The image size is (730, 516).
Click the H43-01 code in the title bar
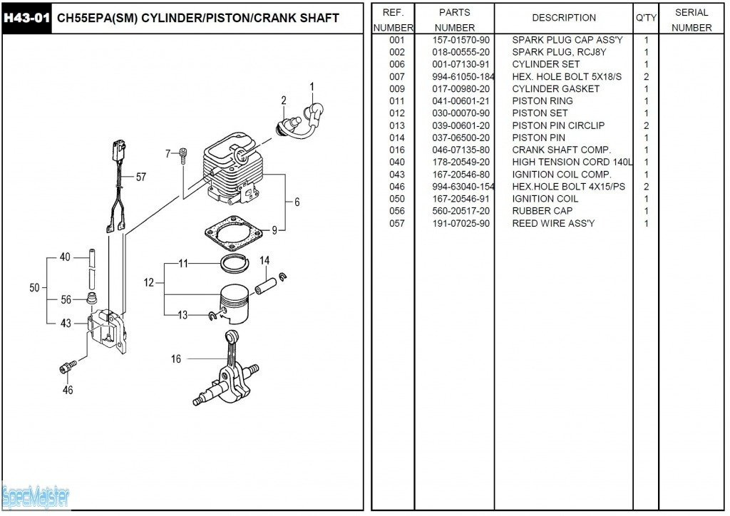[27, 18]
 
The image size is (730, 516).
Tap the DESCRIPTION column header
[563, 18]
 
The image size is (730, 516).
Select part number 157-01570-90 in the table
[461, 40]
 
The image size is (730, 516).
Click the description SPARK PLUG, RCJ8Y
[559, 52]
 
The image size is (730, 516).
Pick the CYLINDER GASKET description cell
[555, 89]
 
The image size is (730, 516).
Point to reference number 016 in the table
[397, 150]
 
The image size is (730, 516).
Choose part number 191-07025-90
[461, 224]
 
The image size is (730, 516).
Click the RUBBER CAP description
[542, 211]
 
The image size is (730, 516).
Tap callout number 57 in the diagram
[141, 177]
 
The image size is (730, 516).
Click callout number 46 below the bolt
[68, 390]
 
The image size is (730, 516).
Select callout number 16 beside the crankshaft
[176, 359]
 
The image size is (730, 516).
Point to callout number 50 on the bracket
[35, 288]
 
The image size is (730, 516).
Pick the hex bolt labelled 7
[183, 155]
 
